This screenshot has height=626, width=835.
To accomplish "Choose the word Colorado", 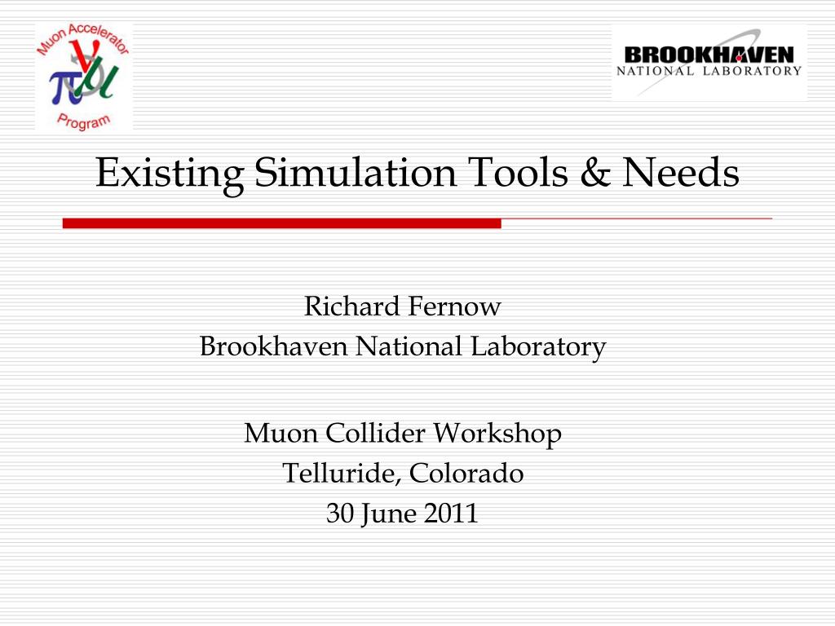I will pos(467,473).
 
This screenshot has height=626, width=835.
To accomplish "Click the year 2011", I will pos(450,514).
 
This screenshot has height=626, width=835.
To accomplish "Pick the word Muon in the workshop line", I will pos(281,433).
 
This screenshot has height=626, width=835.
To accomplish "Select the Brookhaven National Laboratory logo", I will pos(709,62).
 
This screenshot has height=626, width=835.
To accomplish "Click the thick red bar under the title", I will pos(281,223).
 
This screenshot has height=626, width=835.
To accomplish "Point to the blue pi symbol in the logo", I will pos(63,85).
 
